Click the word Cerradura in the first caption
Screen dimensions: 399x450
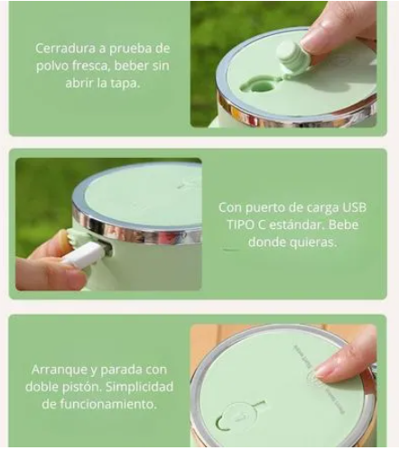[65, 49]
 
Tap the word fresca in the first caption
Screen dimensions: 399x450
[89, 66]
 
